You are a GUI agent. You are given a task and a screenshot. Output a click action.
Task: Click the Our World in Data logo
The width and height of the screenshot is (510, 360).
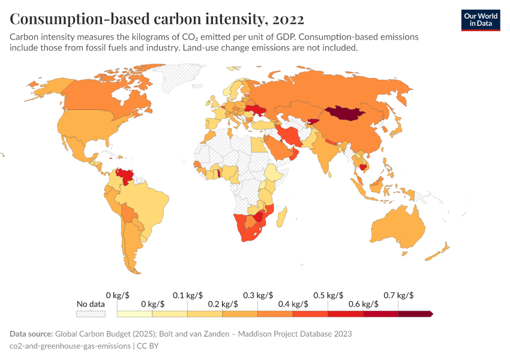pos(480,20)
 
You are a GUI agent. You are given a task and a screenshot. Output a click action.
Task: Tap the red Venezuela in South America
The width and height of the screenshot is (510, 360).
pos(125,175)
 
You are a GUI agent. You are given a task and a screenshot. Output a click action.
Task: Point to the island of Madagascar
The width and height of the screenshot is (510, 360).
pos(284,215)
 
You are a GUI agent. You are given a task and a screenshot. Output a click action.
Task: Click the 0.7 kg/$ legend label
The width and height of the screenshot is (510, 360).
pos(398,296)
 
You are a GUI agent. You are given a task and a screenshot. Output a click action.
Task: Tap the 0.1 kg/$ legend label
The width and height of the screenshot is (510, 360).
pos(187,296)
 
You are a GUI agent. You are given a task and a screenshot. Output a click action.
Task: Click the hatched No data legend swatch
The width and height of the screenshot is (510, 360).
pos(91,313)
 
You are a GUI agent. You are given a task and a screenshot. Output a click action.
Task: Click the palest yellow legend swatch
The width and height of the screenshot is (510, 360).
pos(135,313)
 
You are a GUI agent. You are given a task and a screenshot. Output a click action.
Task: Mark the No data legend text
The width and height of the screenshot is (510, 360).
pos(91,304)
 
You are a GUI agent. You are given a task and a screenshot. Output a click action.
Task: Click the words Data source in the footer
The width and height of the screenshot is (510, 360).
pos(31,334)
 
